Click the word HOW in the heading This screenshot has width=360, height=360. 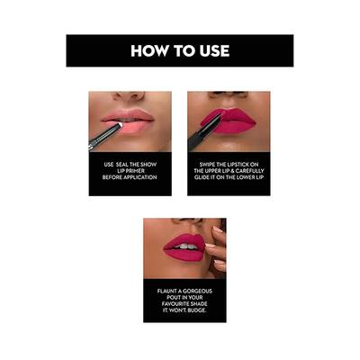click(149, 51)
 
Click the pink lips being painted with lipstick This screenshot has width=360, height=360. click(230, 120)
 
